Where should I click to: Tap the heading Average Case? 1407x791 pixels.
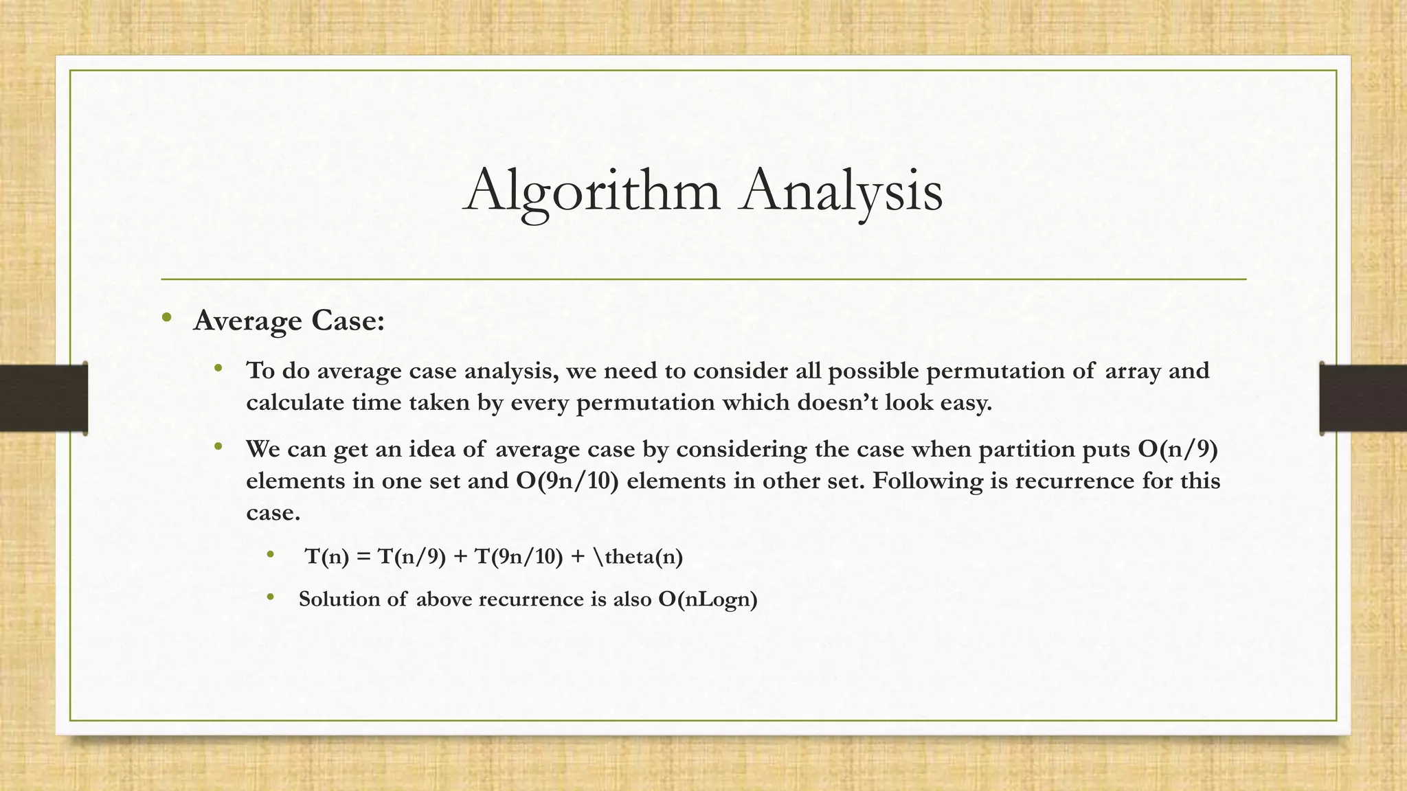pyautogui.click(x=289, y=321)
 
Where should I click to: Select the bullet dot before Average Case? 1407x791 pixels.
pyautogui.click(x=166, y=317)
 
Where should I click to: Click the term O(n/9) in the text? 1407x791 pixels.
pyautogui.click(x=1178, y=449)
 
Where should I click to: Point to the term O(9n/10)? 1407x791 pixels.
pyautogui.click(x=567, y=481)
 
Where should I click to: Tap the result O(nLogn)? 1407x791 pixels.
pyautogui.click(x=708, y=599)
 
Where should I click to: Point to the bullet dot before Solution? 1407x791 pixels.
pyautogui.click(x=271, y=597)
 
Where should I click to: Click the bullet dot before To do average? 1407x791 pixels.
pyautogui.click(x=218, y=368)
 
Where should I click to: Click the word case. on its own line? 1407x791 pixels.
pyautogui.click(x=273, y=512)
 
